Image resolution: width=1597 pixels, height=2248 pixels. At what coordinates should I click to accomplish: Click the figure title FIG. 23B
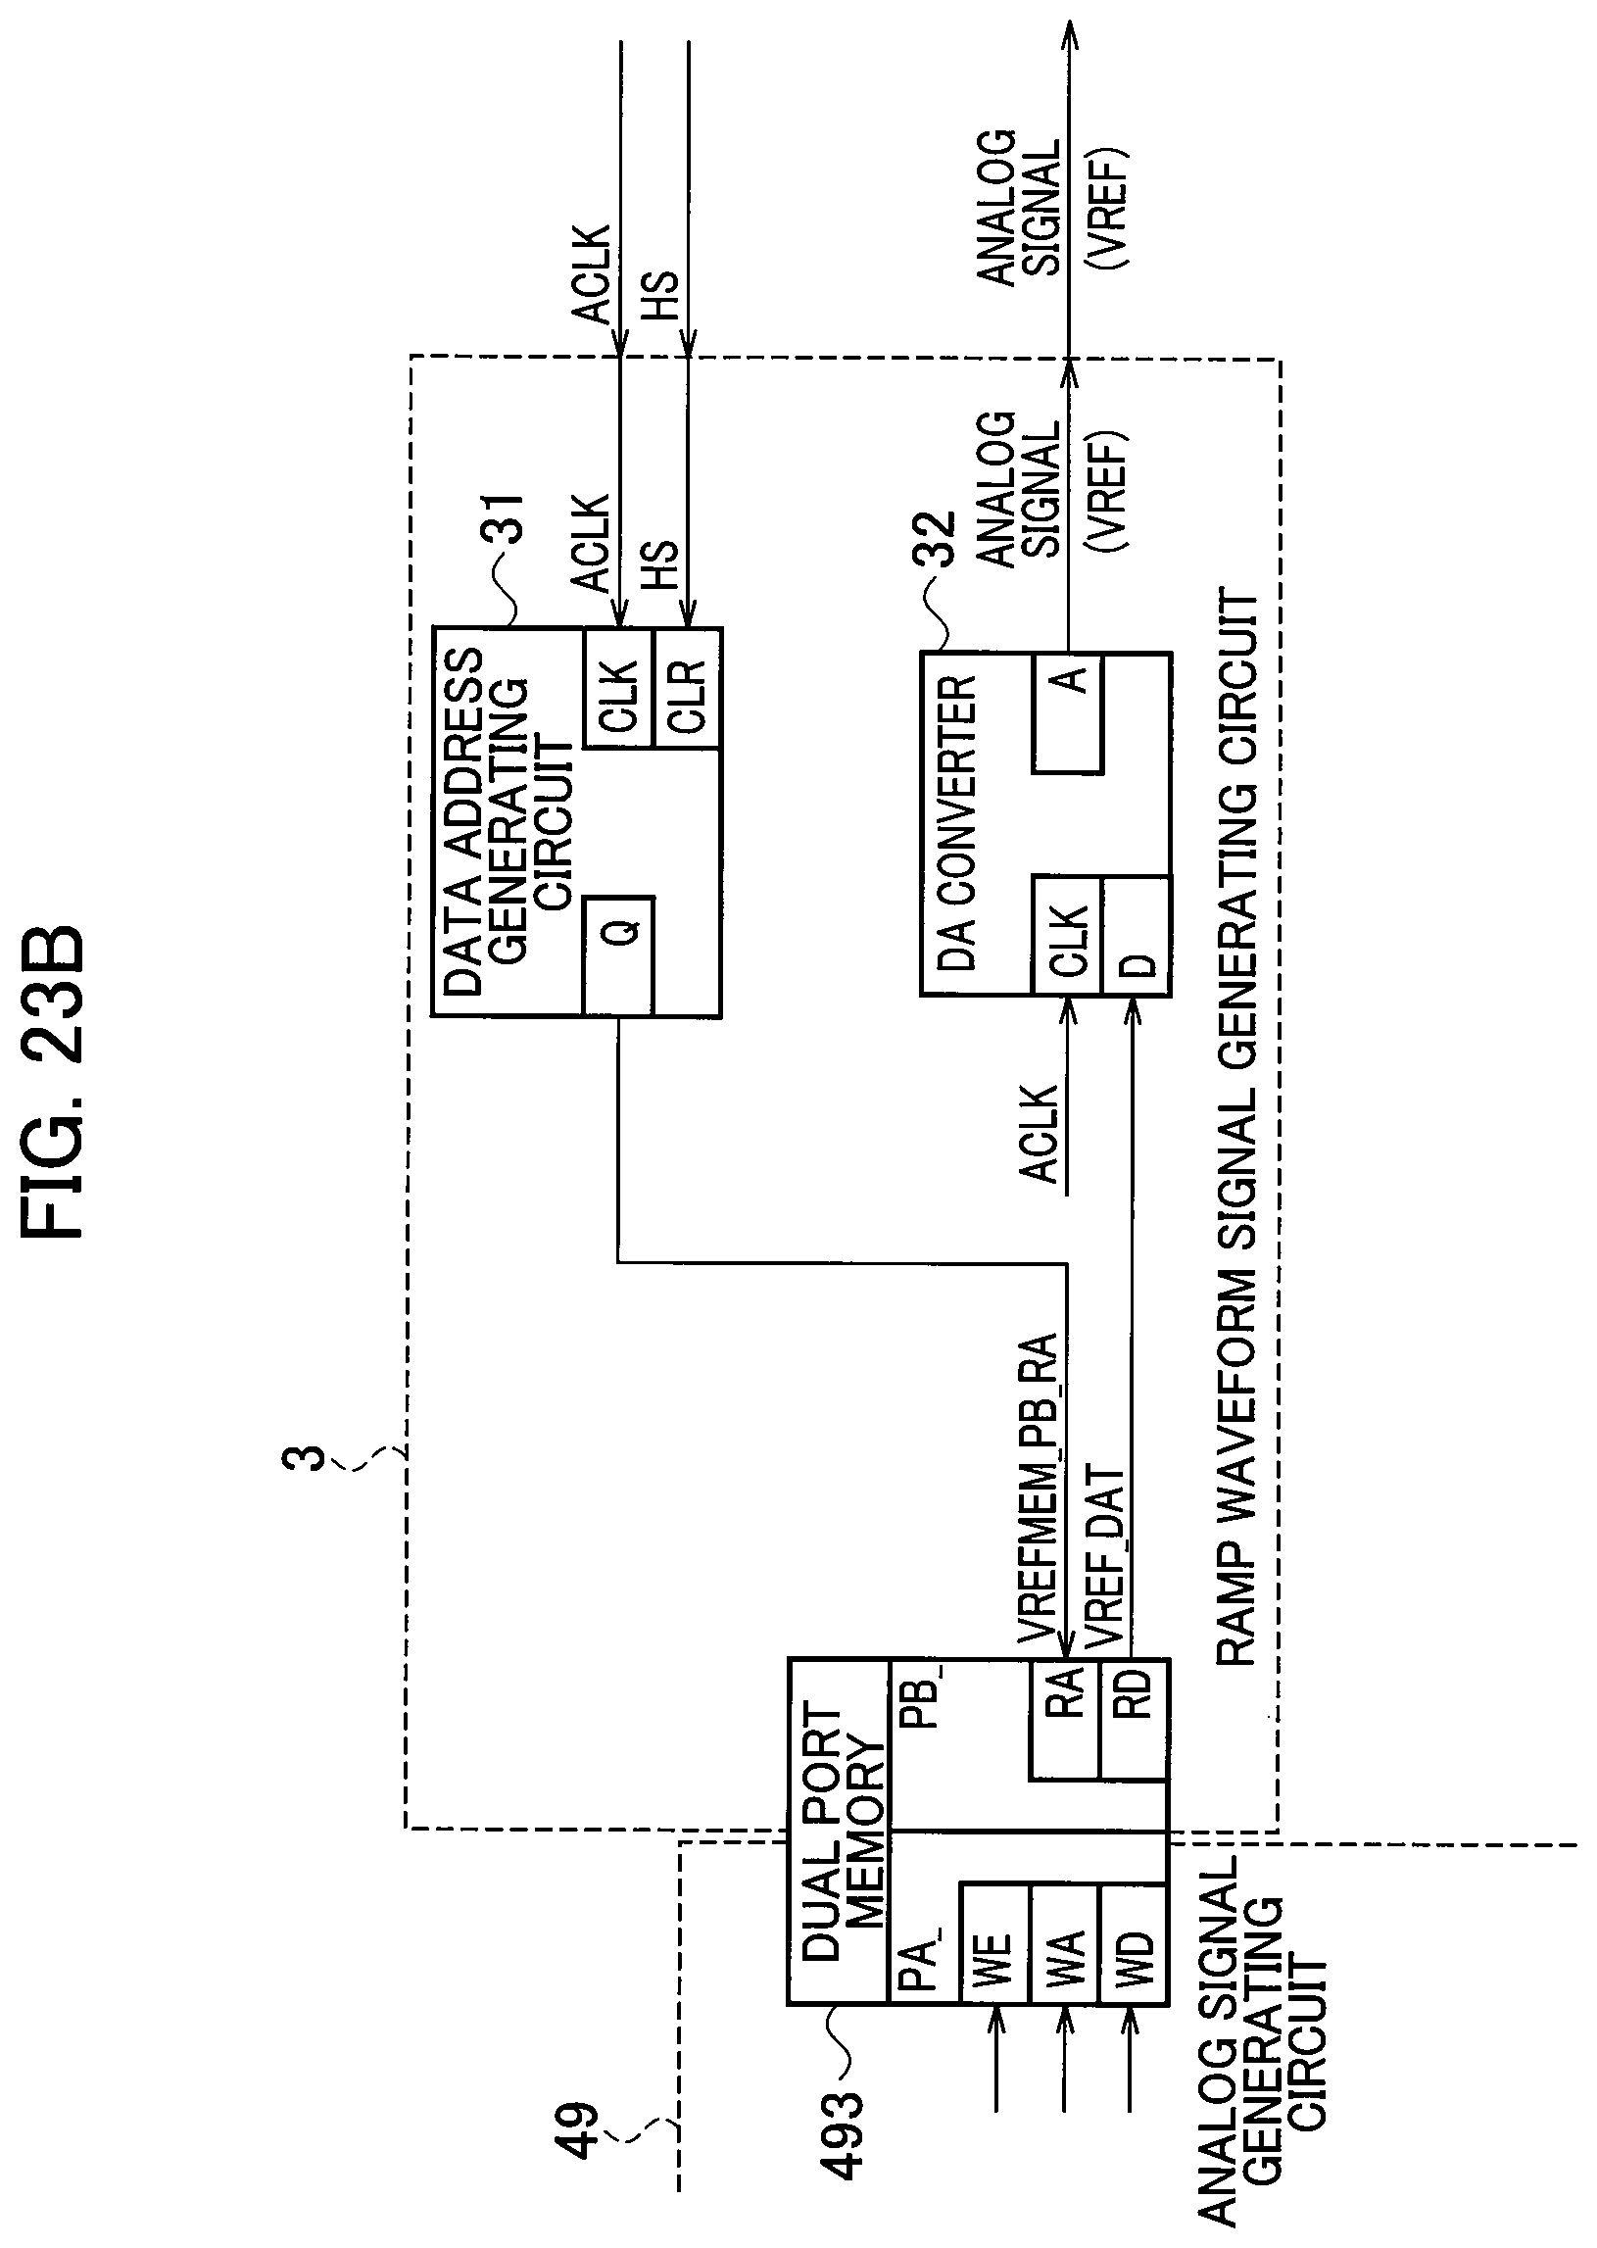[53, 1082]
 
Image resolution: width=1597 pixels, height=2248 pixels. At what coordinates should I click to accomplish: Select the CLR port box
[688, 688]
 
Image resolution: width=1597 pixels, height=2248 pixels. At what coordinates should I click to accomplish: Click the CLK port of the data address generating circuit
[618, 688]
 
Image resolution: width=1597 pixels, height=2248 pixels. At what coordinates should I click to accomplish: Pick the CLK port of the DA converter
[1067, 935]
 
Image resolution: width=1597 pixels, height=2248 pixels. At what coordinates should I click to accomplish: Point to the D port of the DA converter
[1137, 935]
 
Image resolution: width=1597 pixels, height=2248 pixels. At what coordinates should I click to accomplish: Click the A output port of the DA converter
[1067, 711]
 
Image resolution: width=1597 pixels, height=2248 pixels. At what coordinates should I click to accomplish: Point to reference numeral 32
[934, 540]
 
